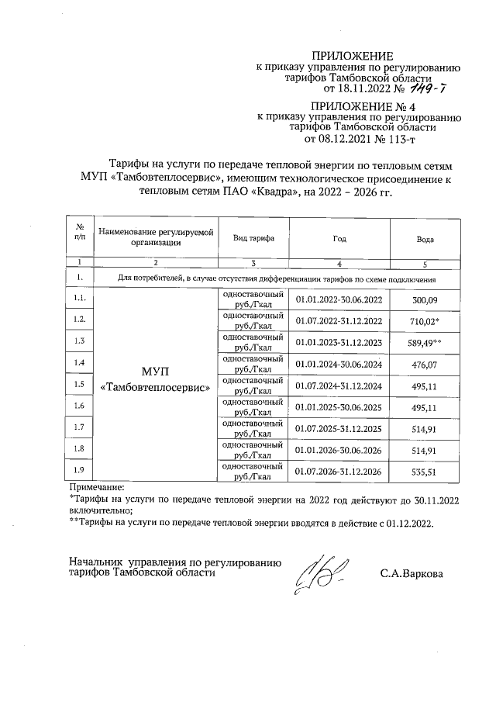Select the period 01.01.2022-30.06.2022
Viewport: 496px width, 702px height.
pyautogui.click(x=339, y=299)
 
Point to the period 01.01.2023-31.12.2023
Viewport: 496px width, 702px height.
pyautogui.click(x=339, y=342)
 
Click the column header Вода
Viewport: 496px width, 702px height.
pyautogui.click(x=425, y=240)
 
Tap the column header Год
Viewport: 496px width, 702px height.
pyautogui.click(x=339, y=240)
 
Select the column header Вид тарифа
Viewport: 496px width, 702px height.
pyautogui.click(x=253, y=240)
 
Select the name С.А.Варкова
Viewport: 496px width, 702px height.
pyautogui.click(x=412, y=575)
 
